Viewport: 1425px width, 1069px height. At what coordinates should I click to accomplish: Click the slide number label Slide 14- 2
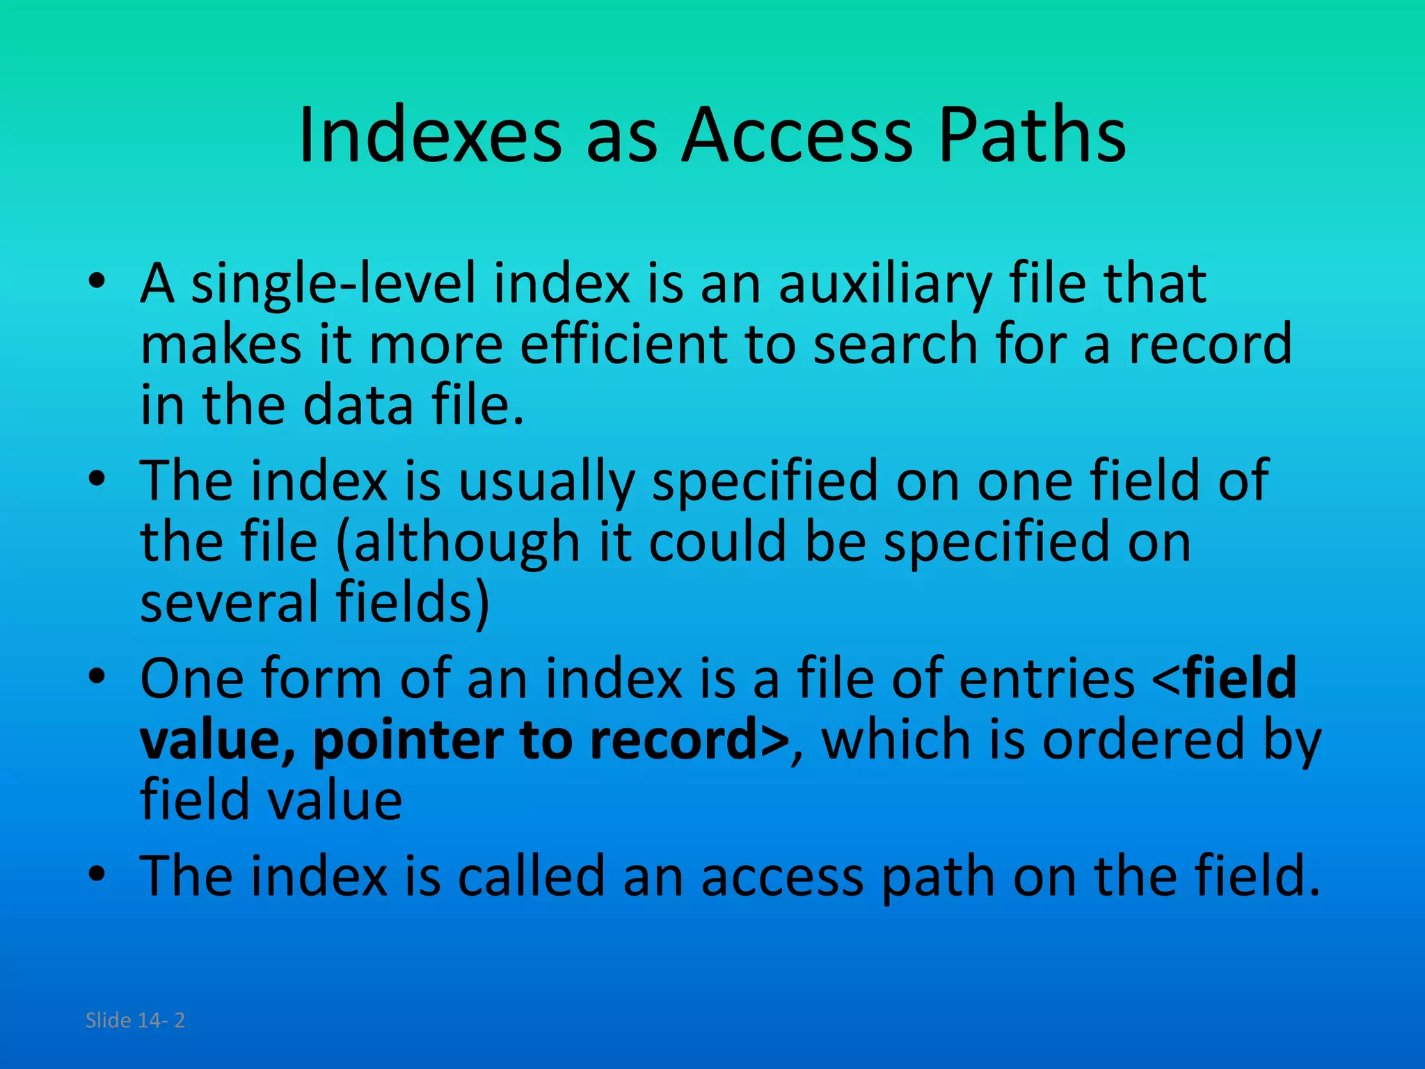135,1020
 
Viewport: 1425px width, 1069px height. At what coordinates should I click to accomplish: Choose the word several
229,601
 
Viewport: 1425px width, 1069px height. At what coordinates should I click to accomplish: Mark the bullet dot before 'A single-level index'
97,281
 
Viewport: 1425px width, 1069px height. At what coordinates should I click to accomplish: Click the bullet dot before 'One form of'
97,675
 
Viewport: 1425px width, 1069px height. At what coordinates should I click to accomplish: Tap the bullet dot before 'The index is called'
97,873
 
